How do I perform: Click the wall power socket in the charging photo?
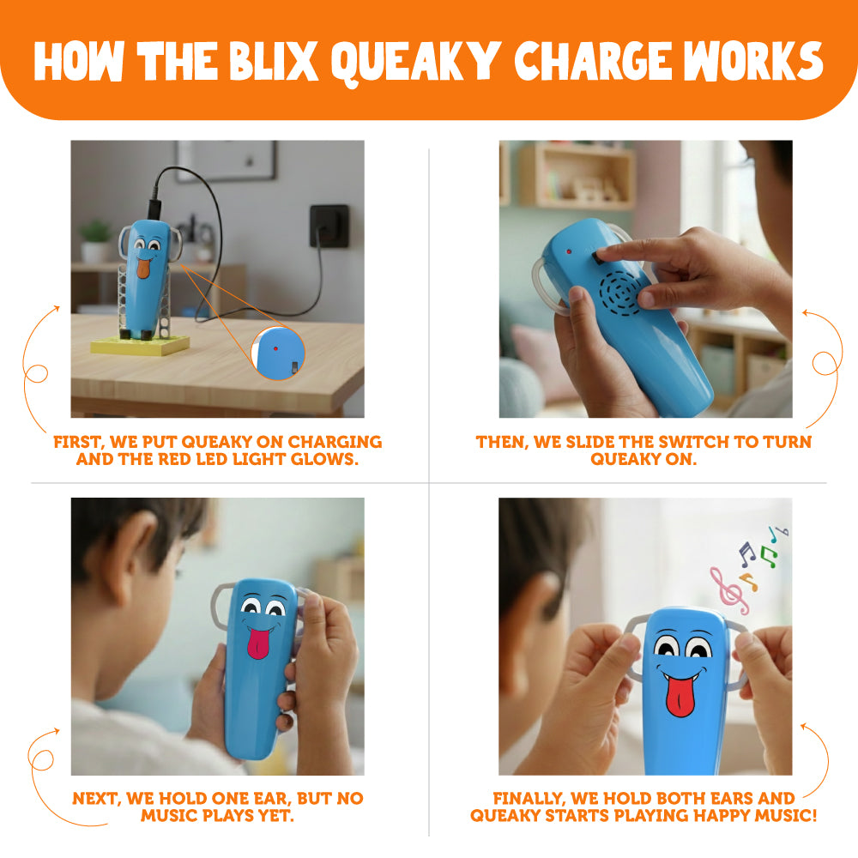(329, 226)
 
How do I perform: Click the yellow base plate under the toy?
(140, 345)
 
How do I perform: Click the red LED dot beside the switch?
(569, 252)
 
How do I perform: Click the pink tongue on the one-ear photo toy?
(259, 643)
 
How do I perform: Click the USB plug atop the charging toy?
(154, 208)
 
